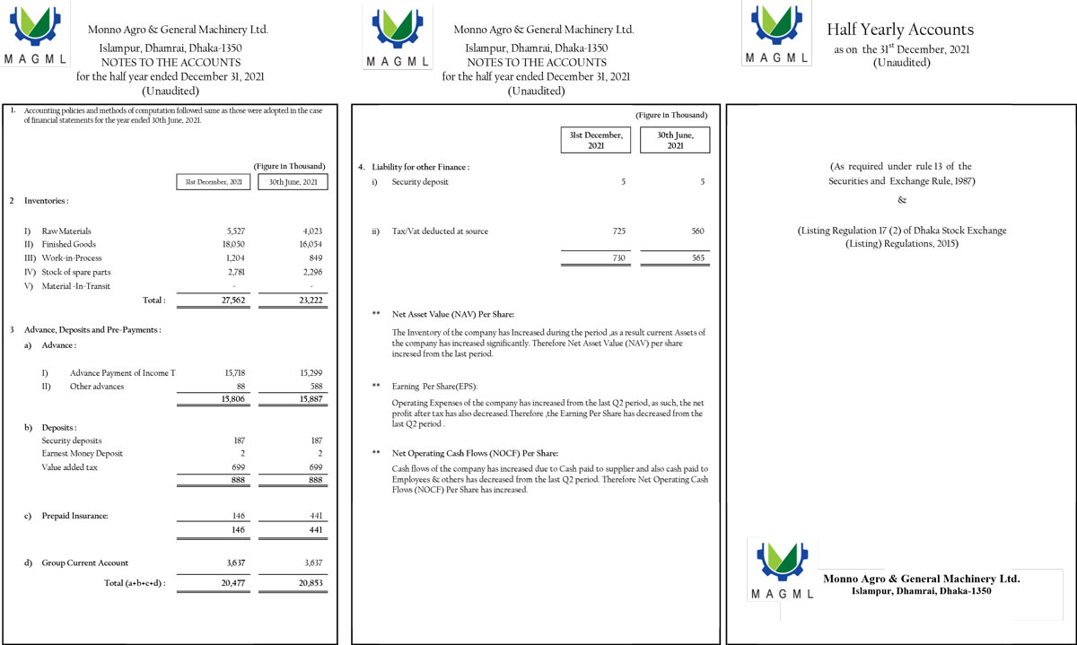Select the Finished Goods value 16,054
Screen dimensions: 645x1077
(306, 244)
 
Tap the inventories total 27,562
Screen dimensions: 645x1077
(232, 300)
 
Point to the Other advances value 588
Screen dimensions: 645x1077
(314, 387)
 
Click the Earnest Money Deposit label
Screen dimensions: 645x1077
(83, 454)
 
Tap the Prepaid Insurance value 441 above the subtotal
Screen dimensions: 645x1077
(315, 516)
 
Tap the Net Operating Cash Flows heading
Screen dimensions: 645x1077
(475, 453)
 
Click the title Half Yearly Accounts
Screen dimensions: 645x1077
(900, 30)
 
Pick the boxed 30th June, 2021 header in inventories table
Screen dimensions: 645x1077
(293, 182)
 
